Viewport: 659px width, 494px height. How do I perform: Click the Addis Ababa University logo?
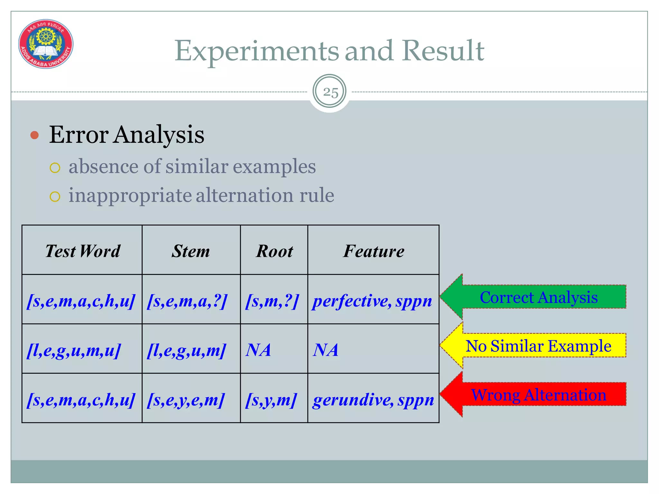click(x=46, y=44)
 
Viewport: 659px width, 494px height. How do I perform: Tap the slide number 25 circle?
click(x=329, y=92)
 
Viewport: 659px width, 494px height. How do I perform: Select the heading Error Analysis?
click(x=126, y=134)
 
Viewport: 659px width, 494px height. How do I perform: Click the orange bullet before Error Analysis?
click(x=34, y=135)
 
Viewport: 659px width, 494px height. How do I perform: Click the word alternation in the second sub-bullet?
click(x=244, y=195)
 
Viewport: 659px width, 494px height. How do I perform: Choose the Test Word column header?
click(x=82, y=251)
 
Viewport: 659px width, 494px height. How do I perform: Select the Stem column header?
click(x=191, y=251)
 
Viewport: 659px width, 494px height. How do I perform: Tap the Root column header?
click(x=274, y=251)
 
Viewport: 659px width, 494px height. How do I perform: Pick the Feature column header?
click(x=374, y=251)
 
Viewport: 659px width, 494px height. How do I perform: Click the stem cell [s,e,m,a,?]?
click(x=187, y=301)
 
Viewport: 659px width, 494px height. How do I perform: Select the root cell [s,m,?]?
click(x=272, y=301)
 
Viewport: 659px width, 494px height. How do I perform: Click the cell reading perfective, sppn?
click(x=372, y=301)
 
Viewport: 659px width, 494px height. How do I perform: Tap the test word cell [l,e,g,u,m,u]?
click(x=74, y=350)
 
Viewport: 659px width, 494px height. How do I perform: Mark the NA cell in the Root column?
click(x=258, y=350)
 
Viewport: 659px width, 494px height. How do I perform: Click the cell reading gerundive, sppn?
click(x=373, y=400)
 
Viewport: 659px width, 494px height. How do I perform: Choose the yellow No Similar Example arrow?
click(x=534, y=346)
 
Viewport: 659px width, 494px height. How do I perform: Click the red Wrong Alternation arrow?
click(x=534, y=395)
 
